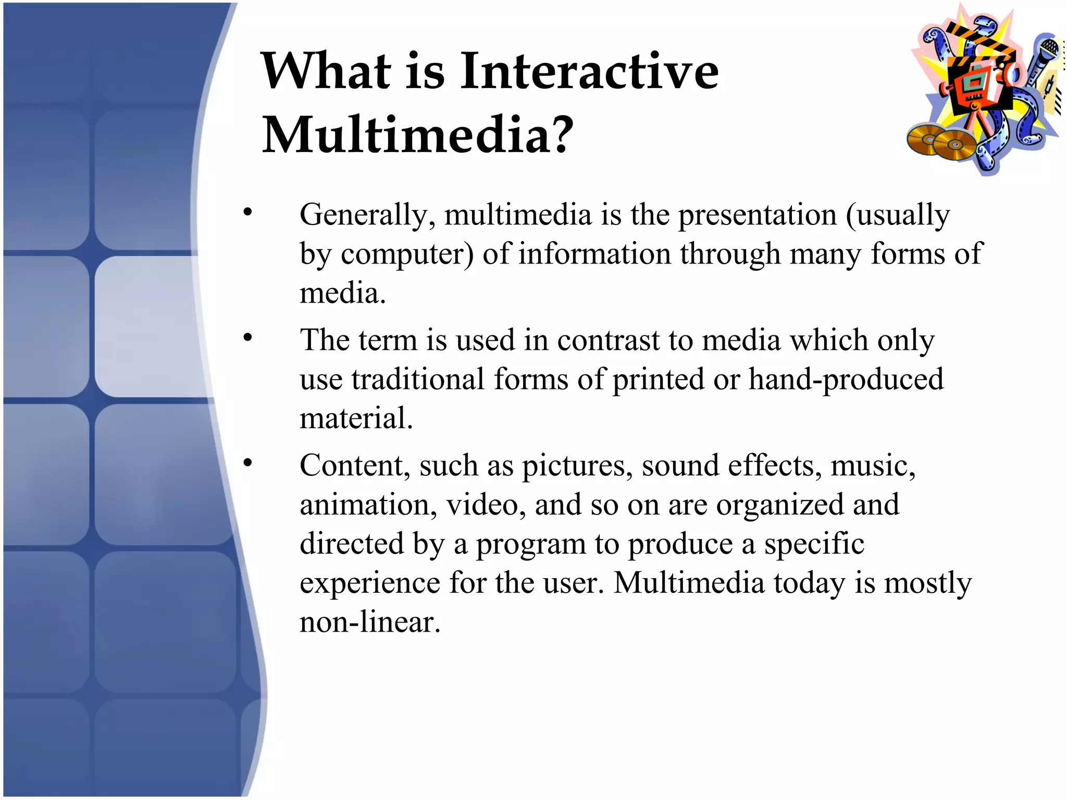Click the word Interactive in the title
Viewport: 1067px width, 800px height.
pyautogui.click(x=589, y=71)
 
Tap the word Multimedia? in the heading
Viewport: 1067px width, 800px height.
pyautogui.click(x=417, y=135)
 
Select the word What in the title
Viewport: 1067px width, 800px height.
pyautogui.click(x=326, y=71)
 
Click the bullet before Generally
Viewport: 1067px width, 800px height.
pyautogui.click(x=248, y=212)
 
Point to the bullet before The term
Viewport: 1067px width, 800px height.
pyautogui.click(x=248, y=337)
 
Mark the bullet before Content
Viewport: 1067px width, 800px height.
pyautogui.click(x=248, y=463)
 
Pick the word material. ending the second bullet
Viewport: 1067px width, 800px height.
pyautogui.click(x=356, y=418)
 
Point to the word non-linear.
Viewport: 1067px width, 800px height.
pyautogui.click(x=370, y=622)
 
